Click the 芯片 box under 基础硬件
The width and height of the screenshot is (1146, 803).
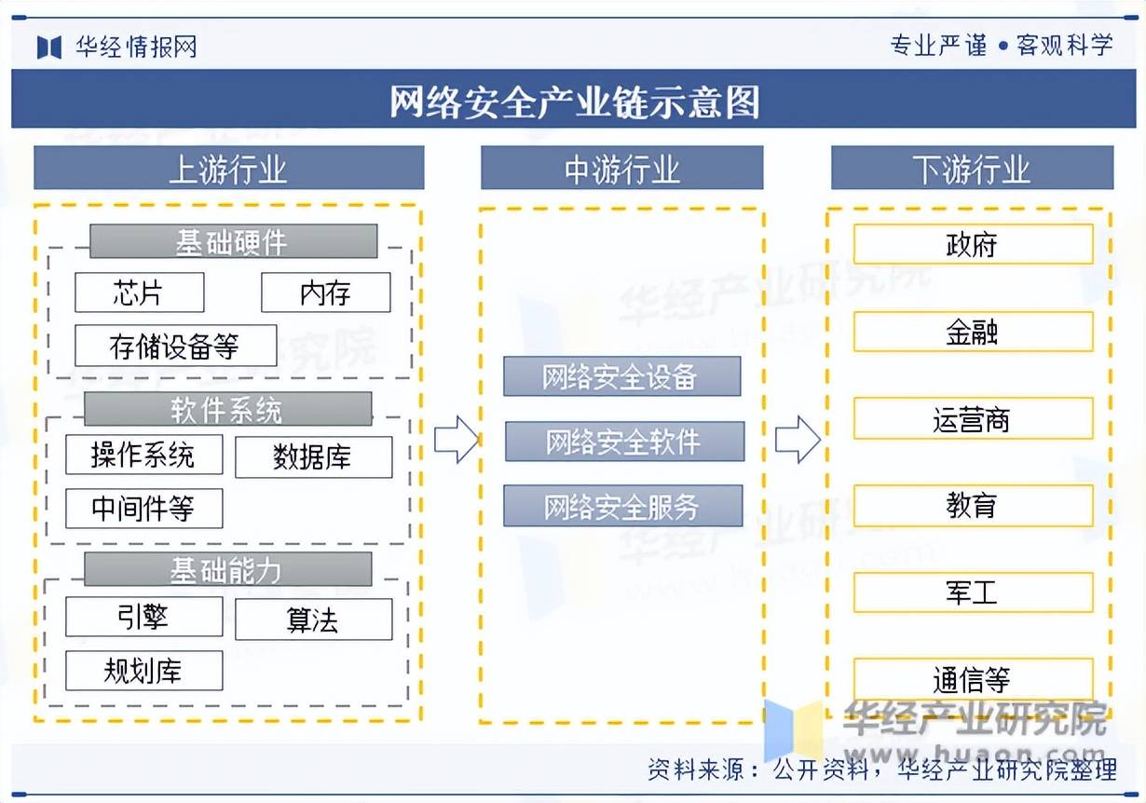(x=139, y=293)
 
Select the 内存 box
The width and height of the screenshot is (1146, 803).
(x=325, y=293)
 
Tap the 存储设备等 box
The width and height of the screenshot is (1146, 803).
(x=175, y=346)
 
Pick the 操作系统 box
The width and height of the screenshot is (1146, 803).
(x=143, y=455)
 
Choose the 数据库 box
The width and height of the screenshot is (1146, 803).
(x=313, y=456)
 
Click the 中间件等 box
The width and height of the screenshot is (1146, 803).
(x=143, y=509)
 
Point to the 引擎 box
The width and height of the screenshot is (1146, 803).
(x=143, y=617)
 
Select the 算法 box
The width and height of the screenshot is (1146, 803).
(x=313, y=619)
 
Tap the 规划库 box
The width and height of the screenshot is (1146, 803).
(x=143, y=671)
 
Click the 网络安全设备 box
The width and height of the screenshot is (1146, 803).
(x=621, y=376)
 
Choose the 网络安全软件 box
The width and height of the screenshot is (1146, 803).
(x=624, y=442)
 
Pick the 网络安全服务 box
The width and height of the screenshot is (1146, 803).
(x=622, y=507)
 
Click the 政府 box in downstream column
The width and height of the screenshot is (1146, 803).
(x=973, y=244)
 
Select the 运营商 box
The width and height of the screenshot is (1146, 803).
(x=973, y=418)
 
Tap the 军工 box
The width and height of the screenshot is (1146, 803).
(x=973, y=592)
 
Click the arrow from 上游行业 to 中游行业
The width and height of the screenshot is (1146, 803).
(x=456, y=440)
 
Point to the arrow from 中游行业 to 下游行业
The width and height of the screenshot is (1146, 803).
(x=798, y=440)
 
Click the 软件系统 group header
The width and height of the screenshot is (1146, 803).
(x=227, y=409)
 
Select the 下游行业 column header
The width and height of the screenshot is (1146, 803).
(x=972, y=169)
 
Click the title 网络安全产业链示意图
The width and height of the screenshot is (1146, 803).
(x=573, y=100)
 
